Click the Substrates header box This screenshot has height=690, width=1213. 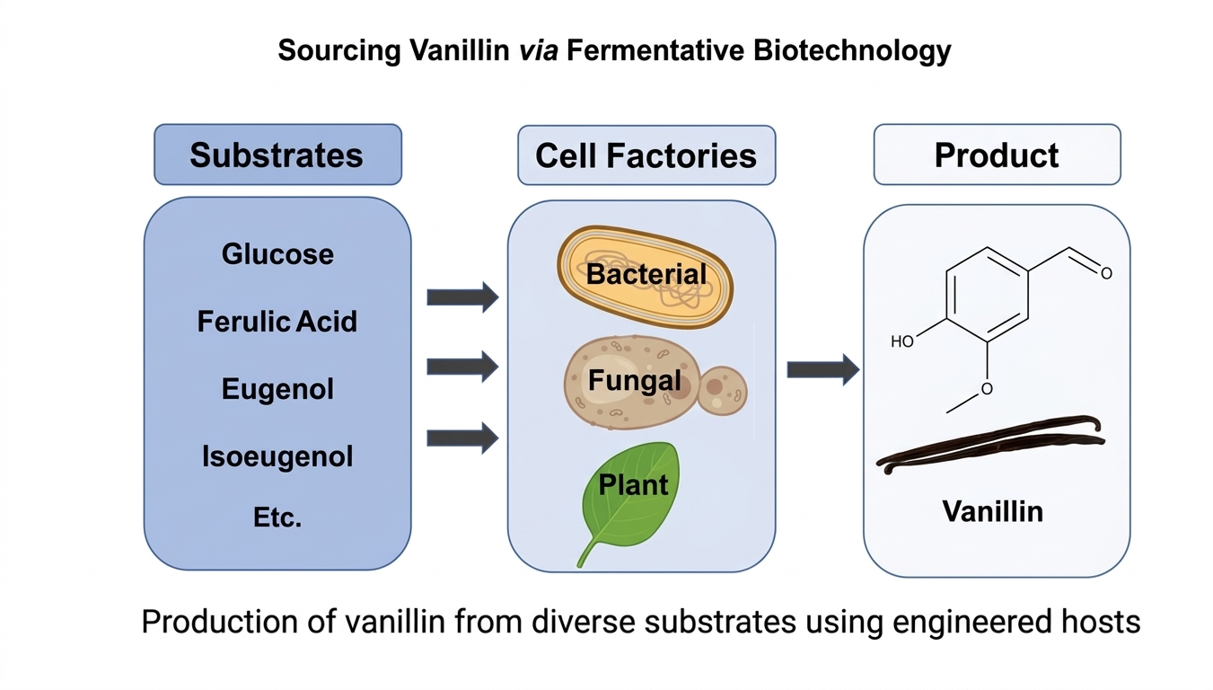pyautogui.click(x=277, y=155)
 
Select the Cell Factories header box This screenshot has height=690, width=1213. pyautogui.click(x=646, y=155)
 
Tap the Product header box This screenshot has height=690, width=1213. pyautogui.click(x=997, y=155)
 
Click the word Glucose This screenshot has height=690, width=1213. pyautogui.click(x=277, y=254)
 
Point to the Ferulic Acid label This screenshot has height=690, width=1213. pyautogui.click(x=277, y=322)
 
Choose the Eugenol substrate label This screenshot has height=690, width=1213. pyautogui.click(x=277, y=389)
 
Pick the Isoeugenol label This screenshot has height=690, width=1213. pyautogui.click(x=277, y=456)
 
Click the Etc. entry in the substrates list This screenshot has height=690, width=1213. pyautogui.click(x=277, y=517)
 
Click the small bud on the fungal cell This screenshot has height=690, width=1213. pyautogui.click(x=722, y=390)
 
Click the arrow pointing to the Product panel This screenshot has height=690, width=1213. pyautogui.click(x=822, y=369)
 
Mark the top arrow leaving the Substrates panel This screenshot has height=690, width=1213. pyautogui.click(x=461, y=296)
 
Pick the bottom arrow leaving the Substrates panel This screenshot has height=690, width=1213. pyautogui.click(x=461, y=438)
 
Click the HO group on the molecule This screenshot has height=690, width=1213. pyautogui.click(x=902, y=341)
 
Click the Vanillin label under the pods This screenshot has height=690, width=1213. pyautogui.click(x=992, y=511)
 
